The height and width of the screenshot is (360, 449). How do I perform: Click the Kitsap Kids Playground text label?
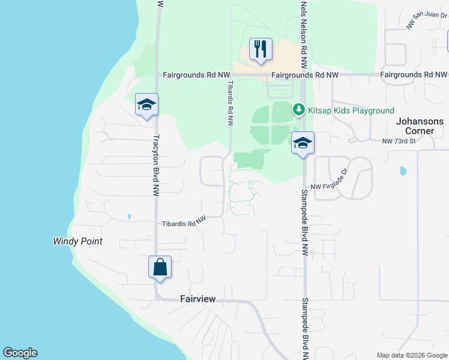coord(351,110)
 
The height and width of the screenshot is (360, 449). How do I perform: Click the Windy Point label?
coord(77,241)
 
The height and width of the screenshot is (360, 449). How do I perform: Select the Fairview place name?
coord(197,299)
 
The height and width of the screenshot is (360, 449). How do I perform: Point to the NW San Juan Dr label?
coord(426,21)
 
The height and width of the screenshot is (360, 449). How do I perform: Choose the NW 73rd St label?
coord(399,142)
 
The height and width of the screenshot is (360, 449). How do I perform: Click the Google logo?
coord(20,353)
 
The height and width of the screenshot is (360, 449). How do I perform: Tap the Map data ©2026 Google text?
coord(411,355)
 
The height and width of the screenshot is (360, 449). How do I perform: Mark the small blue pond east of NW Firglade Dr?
coord(403,171)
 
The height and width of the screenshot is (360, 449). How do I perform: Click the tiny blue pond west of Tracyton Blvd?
coord(129,216)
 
